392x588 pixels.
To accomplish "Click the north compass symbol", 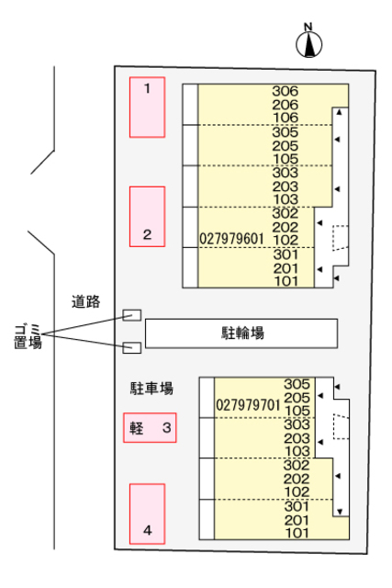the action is (308, 42).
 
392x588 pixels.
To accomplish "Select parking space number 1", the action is (147, 107).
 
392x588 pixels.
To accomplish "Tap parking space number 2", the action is (147, 217).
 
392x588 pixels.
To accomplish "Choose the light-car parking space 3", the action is (150, 428).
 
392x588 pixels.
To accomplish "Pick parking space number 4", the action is (147, 514).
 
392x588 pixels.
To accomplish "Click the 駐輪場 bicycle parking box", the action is (241, 334).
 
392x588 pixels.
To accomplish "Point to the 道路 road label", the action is (85, 301).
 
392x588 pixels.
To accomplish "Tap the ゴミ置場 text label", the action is (28, 337).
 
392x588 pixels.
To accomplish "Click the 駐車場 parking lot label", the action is (151, 388).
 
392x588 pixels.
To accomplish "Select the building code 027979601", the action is (231, 239).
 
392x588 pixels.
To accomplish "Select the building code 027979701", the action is (248, 405).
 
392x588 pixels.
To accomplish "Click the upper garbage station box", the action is (132, 315).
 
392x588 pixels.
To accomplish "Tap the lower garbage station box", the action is (132, 347).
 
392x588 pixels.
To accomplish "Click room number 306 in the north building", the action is (286, 91).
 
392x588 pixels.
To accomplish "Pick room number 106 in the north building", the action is (286, 118).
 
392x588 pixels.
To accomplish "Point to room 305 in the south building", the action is (297, 384).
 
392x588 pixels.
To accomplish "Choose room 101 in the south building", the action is (297, 533).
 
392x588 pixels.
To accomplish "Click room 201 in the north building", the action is (286, 268).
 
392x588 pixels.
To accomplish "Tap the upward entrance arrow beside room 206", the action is (339, 112).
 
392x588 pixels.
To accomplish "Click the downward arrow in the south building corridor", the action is (340, 512).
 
